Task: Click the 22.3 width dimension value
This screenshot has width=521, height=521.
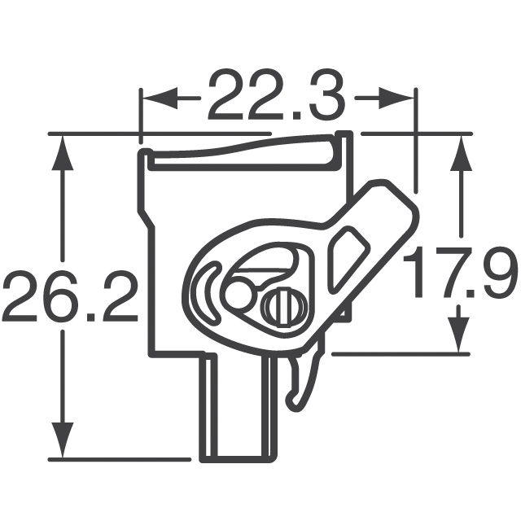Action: coord(276,95)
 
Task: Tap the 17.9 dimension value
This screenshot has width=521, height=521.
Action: coord(459,271)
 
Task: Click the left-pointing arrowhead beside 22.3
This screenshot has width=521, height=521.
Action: coord(160,99)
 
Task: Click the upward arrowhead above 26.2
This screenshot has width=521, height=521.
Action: coord(62,154)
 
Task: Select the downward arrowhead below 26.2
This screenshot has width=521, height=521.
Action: coord(62,440)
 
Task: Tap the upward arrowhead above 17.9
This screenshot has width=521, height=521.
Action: coord(461,154)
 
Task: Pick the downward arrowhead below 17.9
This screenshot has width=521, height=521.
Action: coord(459,335)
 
